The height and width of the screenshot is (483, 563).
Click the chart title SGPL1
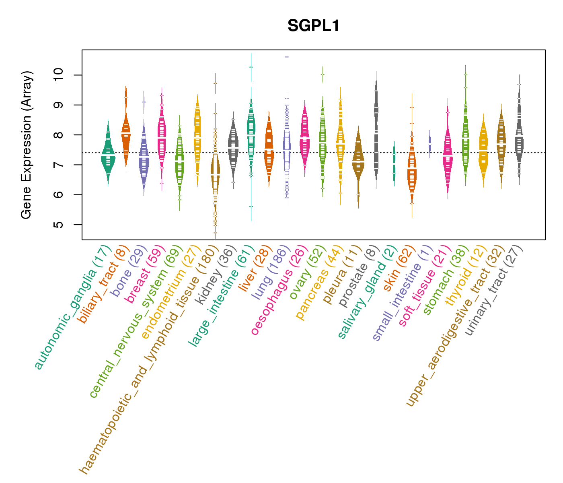click(313, 26)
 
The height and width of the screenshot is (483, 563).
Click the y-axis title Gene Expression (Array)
click(27, 145)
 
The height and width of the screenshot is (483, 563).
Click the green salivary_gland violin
click(394, 163)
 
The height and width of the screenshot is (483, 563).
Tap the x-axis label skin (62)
click(396, 268)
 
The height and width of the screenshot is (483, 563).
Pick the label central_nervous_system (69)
click(137, 322)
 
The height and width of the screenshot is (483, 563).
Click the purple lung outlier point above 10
click(287, 57)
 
